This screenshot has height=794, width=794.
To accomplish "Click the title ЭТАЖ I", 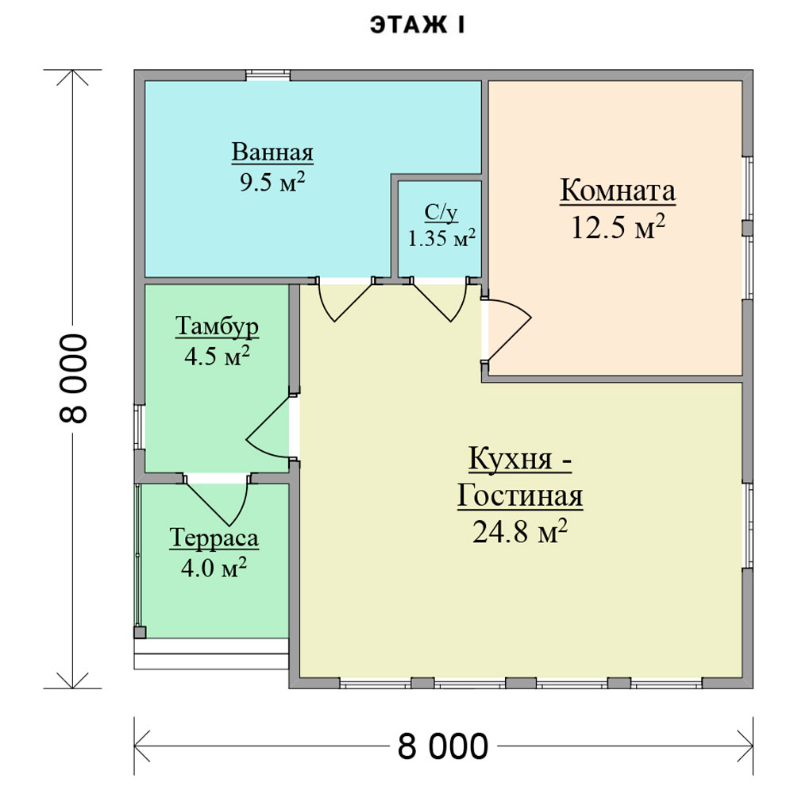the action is [417, 25].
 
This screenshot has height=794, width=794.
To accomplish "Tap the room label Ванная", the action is [272, 152].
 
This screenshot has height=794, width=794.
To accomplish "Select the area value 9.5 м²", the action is [272, 182].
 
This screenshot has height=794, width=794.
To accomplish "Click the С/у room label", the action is [441, 213].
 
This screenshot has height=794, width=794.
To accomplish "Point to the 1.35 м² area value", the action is [441, 237].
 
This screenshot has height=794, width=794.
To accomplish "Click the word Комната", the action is [618, 191].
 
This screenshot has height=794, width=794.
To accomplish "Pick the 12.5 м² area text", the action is [618, 227].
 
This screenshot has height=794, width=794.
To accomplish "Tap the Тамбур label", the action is [218, 326].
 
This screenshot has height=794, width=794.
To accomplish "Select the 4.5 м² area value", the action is [218, 356].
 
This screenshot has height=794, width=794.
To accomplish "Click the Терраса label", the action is [214, 538].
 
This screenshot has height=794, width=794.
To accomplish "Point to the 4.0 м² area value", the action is [214, 568].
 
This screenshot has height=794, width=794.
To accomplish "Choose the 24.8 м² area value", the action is [520, 531].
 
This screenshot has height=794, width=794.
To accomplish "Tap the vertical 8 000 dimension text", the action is [74, 378].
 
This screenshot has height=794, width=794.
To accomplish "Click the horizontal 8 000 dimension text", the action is [443, 746].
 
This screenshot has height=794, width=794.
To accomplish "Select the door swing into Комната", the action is [507, 330].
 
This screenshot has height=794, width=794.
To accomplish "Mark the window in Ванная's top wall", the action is [268, 75].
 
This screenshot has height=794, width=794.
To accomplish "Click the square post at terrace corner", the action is [140, 632].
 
